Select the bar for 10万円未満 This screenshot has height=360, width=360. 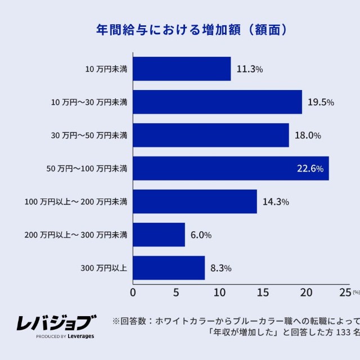(x=182, y=69)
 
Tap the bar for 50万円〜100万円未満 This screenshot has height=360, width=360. (x=231, y=168)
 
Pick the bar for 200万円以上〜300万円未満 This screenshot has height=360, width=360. (x=159, y=235)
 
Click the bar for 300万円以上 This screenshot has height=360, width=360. (x=169, y=268)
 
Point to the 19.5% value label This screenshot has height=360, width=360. (x=321, y=102)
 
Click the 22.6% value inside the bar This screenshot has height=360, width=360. (x=309, y=168)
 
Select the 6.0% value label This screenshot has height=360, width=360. (x=201, y=235)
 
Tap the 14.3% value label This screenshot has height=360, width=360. (x=276, y=201)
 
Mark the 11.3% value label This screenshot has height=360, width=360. (x=250, y=69)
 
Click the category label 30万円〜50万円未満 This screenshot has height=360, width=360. (x=89, y=136)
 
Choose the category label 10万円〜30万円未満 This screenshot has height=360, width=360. (x=89, y=102)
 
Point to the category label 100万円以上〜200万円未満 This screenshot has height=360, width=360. (x=76, y=201)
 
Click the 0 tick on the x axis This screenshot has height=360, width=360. (x=133, y=292)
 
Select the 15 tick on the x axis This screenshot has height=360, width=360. (x=262, y=292)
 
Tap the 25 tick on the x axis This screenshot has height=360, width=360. (x=344, y=292)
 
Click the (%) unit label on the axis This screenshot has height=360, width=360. (x=356, y=292)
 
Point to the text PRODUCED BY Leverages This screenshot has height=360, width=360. (x=65, y=336)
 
